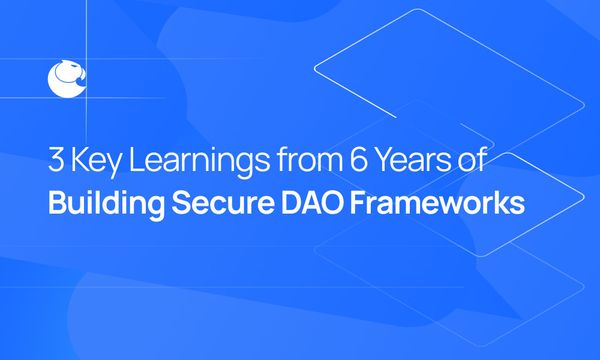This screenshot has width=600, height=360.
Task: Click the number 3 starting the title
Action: point(57,161)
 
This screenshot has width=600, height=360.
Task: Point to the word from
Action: point(298,162)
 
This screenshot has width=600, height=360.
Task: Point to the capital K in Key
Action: point(82,161)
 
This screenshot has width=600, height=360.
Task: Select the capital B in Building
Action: point(56,202)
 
